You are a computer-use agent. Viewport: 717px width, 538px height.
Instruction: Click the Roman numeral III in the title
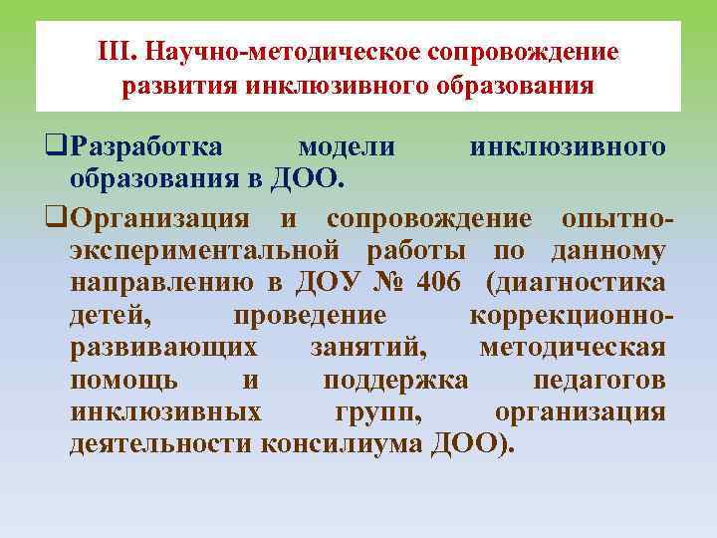coord(117,51)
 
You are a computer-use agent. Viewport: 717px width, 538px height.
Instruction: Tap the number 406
coord(439,282)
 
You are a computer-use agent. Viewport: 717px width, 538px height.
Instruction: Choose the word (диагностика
coord(576,282)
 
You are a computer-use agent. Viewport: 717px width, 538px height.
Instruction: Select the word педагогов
coord(599,380)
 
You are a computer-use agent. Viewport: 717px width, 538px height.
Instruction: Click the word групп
coord(377,412)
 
